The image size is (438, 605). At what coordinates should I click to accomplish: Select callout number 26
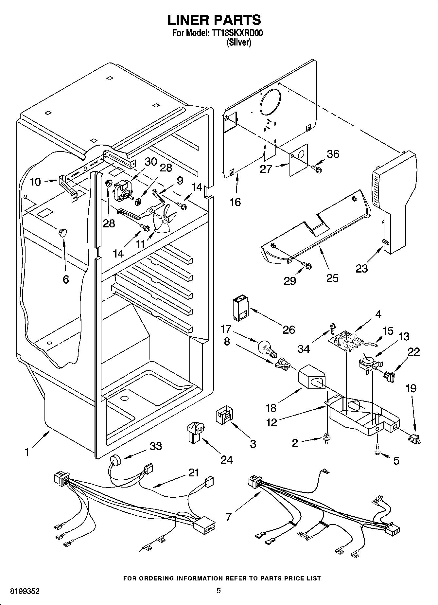(289, 329)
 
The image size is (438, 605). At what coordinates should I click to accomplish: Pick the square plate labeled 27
(299, 159)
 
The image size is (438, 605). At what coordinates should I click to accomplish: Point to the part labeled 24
(195, 432)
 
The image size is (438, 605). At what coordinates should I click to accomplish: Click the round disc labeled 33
(115, 460)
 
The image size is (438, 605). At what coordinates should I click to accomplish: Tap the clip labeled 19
(414, 439)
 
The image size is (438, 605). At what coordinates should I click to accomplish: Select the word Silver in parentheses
(239, 43)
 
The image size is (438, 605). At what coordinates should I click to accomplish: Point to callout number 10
(35, 182)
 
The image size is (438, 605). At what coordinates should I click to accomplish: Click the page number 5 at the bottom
(219, 590)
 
